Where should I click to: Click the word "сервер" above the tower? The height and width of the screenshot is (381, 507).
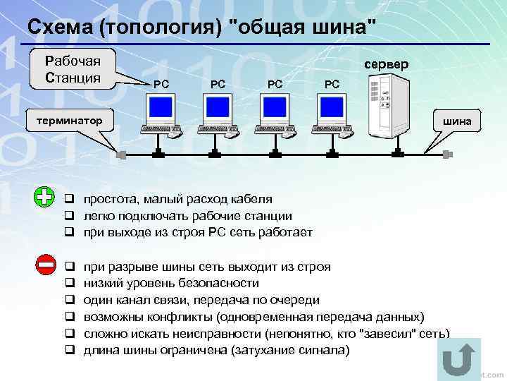(386, 64)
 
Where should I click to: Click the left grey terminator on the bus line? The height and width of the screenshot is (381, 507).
(122, 155)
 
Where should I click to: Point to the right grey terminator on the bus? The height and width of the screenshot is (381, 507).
(446, 155)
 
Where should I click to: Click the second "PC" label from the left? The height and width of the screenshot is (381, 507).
(218, 84)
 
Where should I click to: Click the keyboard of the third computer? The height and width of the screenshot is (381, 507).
(275, 130)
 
